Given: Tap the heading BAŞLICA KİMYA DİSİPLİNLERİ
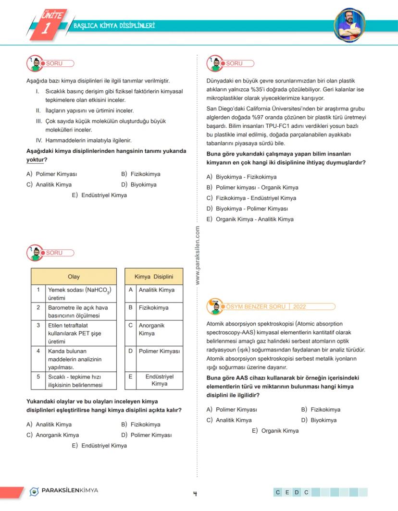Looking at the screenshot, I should tap(114, 25).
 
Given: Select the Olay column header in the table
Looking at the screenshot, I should tap(74, 277).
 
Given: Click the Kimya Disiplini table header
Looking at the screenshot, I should tap(154, 277).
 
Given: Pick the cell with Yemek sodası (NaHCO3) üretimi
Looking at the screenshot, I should tap(79, 294).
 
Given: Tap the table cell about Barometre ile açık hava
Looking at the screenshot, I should tap(79, 311).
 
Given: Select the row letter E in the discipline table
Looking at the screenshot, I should tap(130, 377).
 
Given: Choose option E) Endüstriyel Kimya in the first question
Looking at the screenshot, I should tap(99, 195).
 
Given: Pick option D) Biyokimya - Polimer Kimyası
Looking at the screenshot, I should tap(247, 208).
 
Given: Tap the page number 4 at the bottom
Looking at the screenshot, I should tap(195, 493).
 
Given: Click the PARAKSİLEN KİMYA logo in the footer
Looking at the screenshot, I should tap(64, 491).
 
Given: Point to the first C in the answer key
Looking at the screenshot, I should tap(278, 492).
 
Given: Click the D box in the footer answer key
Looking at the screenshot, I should tap(297, 492).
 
